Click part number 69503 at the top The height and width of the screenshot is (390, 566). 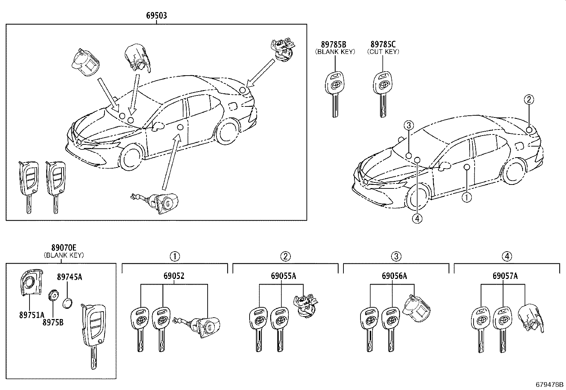pos(156,16)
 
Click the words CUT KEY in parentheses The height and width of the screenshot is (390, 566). pos(383,52)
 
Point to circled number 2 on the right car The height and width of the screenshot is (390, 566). pos(529,100)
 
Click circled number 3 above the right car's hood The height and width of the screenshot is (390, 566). pos(409,125)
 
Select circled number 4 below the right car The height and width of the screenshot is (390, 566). pos(417,219)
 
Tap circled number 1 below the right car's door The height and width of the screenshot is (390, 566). pos(466,197)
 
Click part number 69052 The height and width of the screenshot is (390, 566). pos(174,276)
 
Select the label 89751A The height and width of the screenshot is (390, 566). pos(32,314)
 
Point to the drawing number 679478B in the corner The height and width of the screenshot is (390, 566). pos(550,384)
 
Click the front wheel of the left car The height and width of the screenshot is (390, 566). pos(132,157)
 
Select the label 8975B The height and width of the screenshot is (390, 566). pos(53,322)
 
